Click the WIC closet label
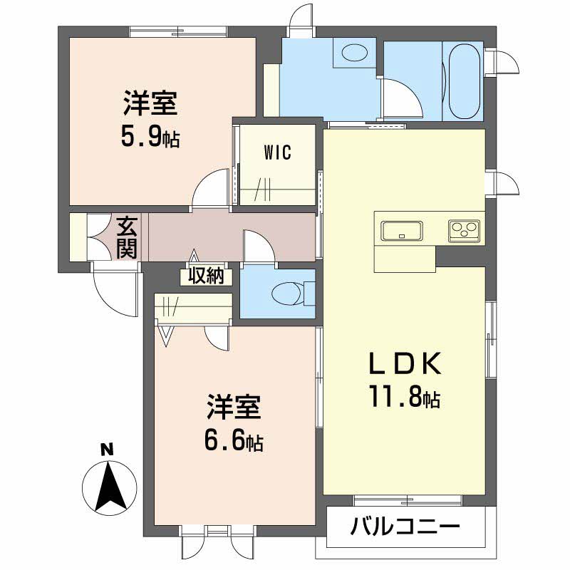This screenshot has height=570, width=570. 277,153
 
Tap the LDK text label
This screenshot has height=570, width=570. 405,365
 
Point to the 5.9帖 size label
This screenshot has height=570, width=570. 149,135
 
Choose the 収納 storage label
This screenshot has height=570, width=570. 207,276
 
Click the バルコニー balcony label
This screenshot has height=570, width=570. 405,528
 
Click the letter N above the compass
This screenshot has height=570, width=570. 107,450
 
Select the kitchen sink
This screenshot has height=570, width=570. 403,231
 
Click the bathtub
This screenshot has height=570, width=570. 463,81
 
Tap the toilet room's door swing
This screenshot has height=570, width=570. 258,246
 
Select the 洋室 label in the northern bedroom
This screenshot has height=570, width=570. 149,105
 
